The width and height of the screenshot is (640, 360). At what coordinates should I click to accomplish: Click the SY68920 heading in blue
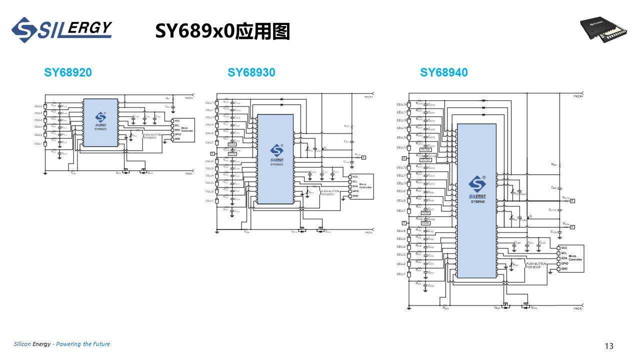(x=68, y=72)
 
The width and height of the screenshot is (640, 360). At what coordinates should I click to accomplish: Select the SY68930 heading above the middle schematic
(x=251, y=72)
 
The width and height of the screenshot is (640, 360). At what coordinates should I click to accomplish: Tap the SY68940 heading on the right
(x=443, y=72)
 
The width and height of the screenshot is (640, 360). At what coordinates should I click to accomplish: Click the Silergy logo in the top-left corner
(x=61, y=30)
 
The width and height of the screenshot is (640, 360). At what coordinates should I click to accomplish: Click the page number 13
(x=608, y=346)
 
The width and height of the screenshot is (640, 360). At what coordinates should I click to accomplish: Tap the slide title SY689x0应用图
(x=222, y=31)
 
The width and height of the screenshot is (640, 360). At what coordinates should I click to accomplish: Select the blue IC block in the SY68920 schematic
(x=100, y=122)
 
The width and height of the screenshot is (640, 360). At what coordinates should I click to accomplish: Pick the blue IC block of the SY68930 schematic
(x=275, y=159)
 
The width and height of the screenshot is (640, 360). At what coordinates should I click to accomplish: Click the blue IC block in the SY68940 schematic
(x=476, y=200)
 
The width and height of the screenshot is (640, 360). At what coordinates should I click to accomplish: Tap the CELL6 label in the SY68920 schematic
(x=38, y=106)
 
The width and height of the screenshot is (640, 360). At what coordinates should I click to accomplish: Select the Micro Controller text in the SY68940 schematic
(x=575, y=257)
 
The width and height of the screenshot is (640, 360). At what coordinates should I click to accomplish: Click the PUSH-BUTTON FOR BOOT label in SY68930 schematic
(x=330, y=192)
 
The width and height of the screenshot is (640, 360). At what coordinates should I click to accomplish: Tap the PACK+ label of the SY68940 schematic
(x=578, y=95)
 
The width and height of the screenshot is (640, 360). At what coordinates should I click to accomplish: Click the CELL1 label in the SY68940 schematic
(x=401, y=274)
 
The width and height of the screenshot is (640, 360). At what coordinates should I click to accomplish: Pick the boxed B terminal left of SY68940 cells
(x=403, y=158)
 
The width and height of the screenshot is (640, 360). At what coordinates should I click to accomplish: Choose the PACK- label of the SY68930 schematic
(x=369, y=232)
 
